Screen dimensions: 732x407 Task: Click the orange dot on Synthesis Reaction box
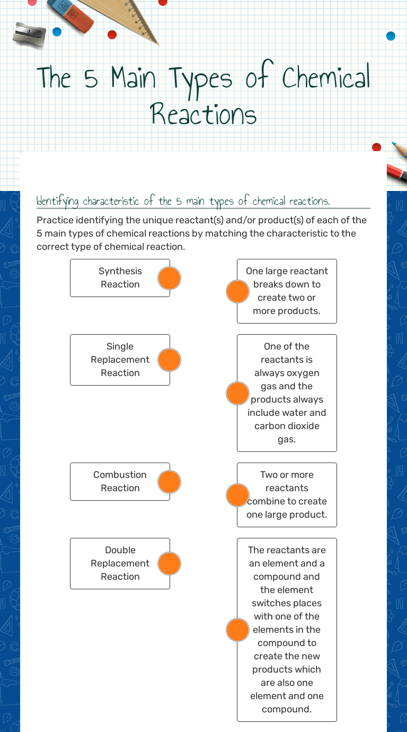click(170, 278)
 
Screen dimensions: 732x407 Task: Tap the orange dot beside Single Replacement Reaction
click(170, 360)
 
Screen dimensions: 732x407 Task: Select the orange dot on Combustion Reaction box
click(170, 482)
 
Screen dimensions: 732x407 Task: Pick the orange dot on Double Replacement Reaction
click(170, 563)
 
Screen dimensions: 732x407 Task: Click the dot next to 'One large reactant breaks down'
click(237, 291)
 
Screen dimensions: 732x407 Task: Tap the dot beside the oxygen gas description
click(237, 393)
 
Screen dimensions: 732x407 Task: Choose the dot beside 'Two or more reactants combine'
click(237, 495)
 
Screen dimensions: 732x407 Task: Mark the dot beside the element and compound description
click(237, 630)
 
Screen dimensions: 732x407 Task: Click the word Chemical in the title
click(325, 79)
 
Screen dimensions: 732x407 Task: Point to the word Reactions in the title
click(203, 114)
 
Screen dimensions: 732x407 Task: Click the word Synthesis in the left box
click(120, 271)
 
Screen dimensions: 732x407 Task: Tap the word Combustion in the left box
click(120, 475)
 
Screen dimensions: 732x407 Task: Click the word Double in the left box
click(120, 550)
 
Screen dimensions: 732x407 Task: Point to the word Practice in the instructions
click(55, 220)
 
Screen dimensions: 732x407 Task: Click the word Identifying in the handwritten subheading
click(58, 202)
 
